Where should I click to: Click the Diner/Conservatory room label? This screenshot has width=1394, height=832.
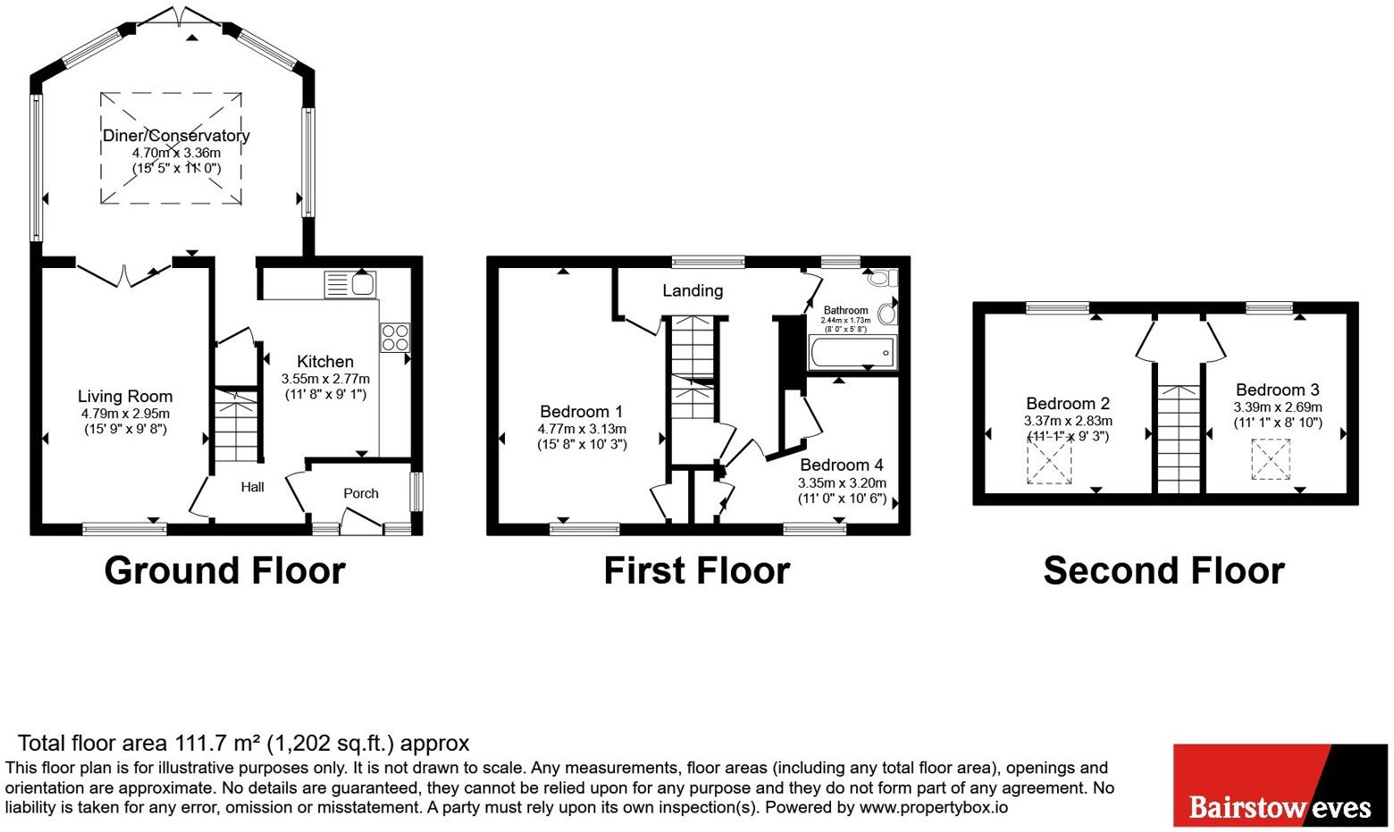[x=176, y=136]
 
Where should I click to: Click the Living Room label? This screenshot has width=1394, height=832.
[x=125, y=397]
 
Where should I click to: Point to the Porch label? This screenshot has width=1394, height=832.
[x=361, y=493]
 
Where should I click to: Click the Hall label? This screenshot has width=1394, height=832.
[x=252, y=487]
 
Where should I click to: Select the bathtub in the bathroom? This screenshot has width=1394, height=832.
[x=851, y=352]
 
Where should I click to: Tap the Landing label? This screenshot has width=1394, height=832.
[x=693, y=290]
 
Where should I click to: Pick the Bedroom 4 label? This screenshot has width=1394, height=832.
[x=842, y=465]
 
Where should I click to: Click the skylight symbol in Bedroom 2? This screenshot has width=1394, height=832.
[x=1049, y=462]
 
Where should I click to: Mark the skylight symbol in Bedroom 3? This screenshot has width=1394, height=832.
[x=1270, y=458]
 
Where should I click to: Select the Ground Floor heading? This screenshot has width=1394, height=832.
[x=224, y=571]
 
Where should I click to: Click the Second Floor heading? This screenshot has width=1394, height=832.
[x=1163, y=571]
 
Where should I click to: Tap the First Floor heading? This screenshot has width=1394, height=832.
[x=697, y=571]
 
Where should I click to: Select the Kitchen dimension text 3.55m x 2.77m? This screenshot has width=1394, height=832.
[x=325, y=379]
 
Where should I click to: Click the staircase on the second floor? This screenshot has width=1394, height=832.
[x=1179, y=438]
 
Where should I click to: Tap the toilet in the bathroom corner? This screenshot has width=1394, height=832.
[x=879, y=278]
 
